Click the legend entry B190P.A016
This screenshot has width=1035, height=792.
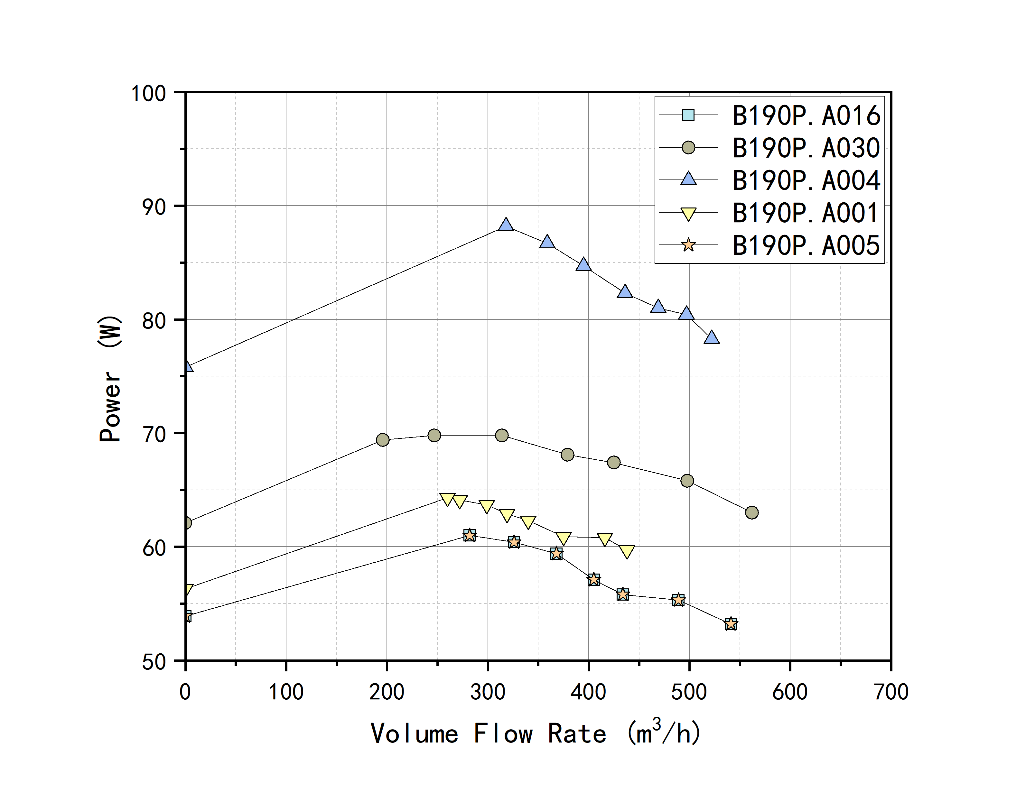click(805, 115)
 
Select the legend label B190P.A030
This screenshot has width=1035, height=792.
click(805, 148)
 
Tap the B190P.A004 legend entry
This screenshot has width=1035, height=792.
click(805, 180)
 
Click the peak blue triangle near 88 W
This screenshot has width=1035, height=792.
click(506, 225)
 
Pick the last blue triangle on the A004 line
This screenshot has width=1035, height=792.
click(712, 337)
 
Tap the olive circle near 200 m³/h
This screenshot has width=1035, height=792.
click(383, 440)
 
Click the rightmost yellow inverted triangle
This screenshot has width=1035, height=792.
click(627, 552)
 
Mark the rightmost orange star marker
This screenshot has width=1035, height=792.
click(731, 624)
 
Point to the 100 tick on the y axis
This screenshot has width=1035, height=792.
click(148, 93)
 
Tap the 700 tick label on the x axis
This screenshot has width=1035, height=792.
click(891, 692)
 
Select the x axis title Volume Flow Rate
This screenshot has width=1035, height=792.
click(535, 733)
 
